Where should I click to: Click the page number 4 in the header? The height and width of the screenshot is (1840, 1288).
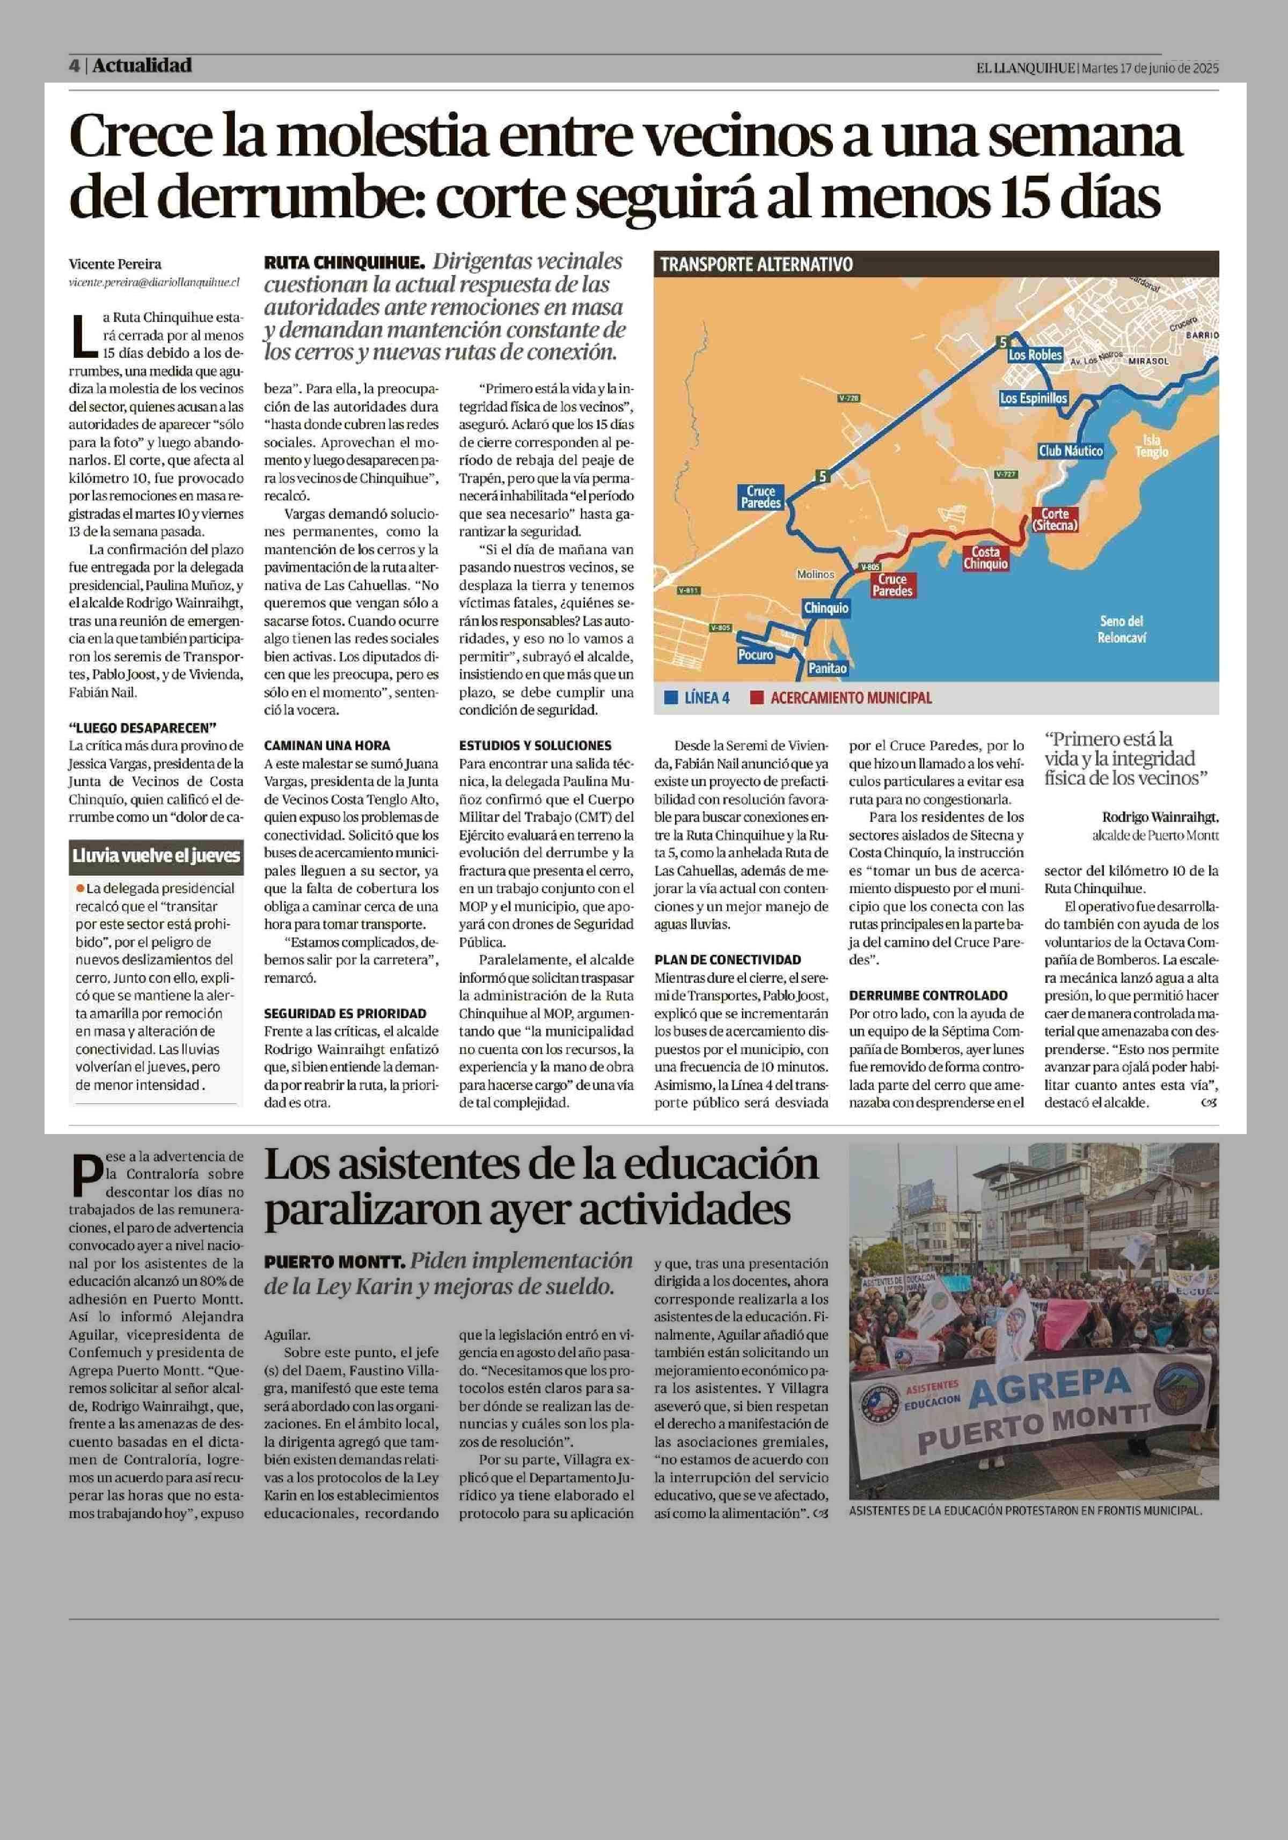click(74, 65)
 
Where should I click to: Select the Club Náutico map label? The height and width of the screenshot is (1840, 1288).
click(1070, 451)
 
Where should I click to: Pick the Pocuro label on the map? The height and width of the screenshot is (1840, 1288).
click(755, 655)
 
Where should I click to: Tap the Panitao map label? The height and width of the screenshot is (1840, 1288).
click(827, 667)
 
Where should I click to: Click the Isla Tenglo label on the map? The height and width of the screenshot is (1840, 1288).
click(1151, 446)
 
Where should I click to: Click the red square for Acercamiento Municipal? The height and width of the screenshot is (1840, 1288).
click(756, 698)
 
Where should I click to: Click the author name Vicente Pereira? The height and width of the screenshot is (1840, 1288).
click(115, 263)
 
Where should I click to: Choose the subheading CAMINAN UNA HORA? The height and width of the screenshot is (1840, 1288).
click(327, 745)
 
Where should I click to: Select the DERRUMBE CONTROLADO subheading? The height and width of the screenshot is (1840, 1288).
click(928, 995)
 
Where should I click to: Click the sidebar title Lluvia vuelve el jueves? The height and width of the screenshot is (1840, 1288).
click(156, 856)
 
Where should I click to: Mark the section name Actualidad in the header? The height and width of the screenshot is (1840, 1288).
click(142, 65)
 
